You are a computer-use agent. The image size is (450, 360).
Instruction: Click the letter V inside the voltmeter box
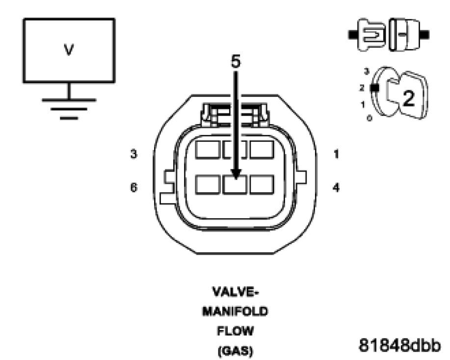tap(69, 51)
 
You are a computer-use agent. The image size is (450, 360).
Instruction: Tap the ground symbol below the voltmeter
tap(69, 105)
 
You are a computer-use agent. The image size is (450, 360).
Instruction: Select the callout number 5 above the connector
tap(236, 62)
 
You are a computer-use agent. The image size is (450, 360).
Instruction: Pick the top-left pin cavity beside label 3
tap(207, 150)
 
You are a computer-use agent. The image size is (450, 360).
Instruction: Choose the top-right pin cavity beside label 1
tap(262, 150)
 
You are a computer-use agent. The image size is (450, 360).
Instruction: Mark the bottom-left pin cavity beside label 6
tap(207, 184)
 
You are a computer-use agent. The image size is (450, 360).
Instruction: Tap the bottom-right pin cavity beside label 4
tap(262, 184)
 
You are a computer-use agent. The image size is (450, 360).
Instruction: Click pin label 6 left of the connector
tap(134, 187)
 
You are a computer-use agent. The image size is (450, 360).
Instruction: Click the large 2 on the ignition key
tap(408, 98)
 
